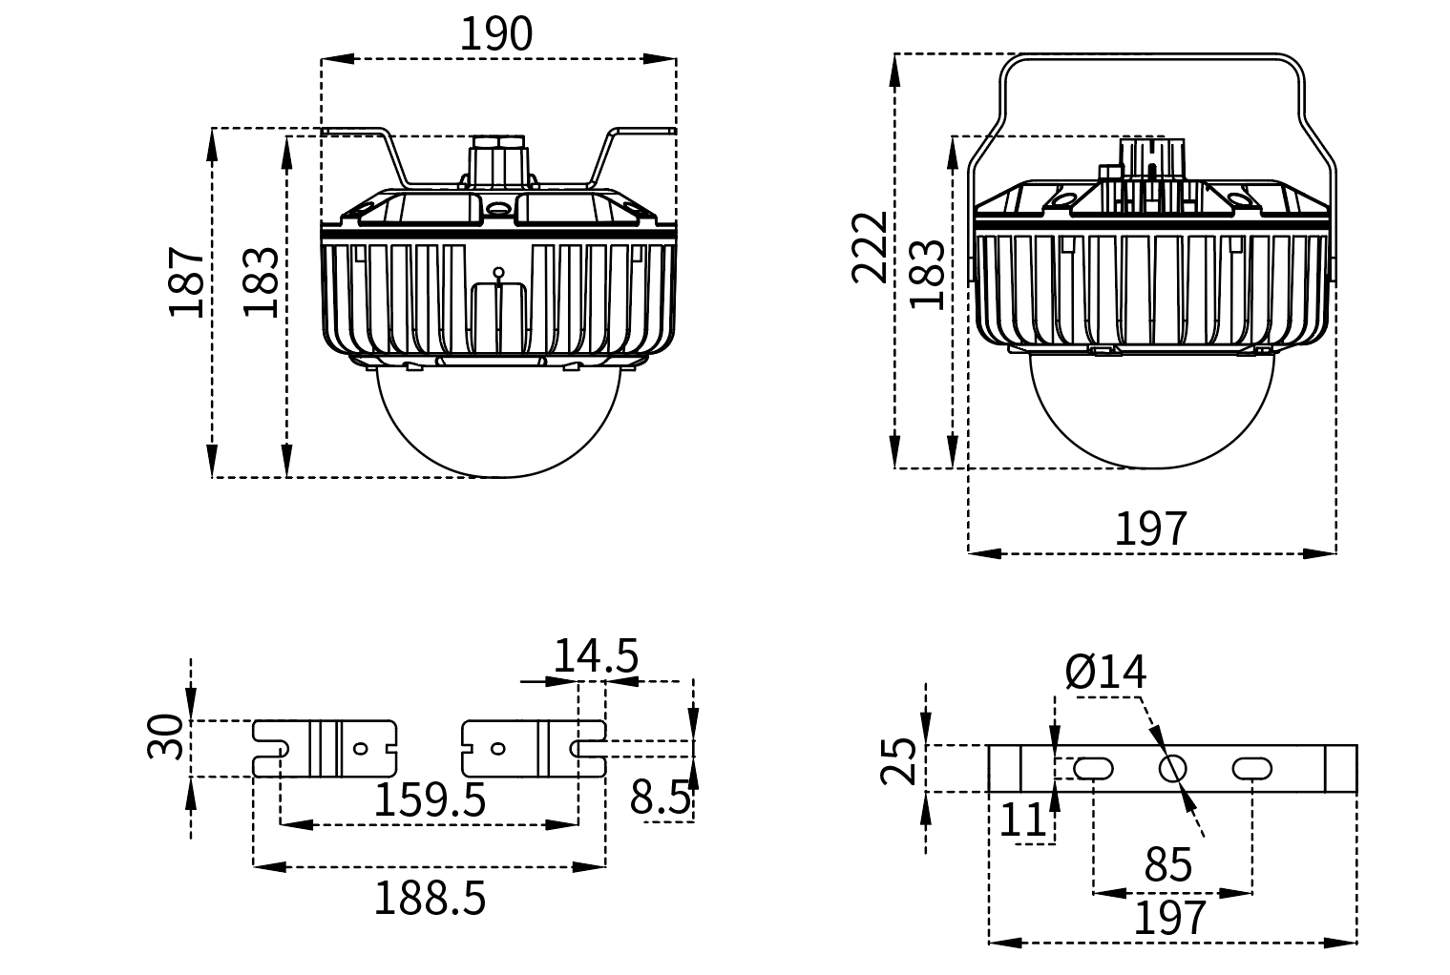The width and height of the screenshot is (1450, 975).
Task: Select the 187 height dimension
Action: tap(187, 282)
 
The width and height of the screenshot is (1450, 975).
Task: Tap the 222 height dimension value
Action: tap(870, 248)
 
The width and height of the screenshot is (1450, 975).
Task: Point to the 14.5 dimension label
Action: tap(596, 657)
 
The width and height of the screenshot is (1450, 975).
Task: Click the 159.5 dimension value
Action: tap(429, 799)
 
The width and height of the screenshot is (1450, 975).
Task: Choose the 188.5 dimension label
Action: tap(429, 898)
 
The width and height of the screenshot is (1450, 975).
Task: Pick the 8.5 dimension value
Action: tap(660, 798)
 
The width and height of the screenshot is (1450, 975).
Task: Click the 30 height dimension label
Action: tap(166, 736)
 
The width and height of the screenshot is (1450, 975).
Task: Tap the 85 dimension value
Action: tap(1168, 864)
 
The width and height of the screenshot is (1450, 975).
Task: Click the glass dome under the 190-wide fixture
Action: tap(499, 420)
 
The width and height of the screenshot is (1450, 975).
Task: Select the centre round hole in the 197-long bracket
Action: tap(1172, 768)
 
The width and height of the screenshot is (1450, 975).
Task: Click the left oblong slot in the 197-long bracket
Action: tap(1093, 768)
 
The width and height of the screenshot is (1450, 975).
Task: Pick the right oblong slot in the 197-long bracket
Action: tap(1251, 768)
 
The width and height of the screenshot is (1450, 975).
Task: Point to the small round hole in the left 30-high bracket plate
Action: tap(359, 749)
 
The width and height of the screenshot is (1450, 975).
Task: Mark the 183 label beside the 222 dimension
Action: tap(929, 274)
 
